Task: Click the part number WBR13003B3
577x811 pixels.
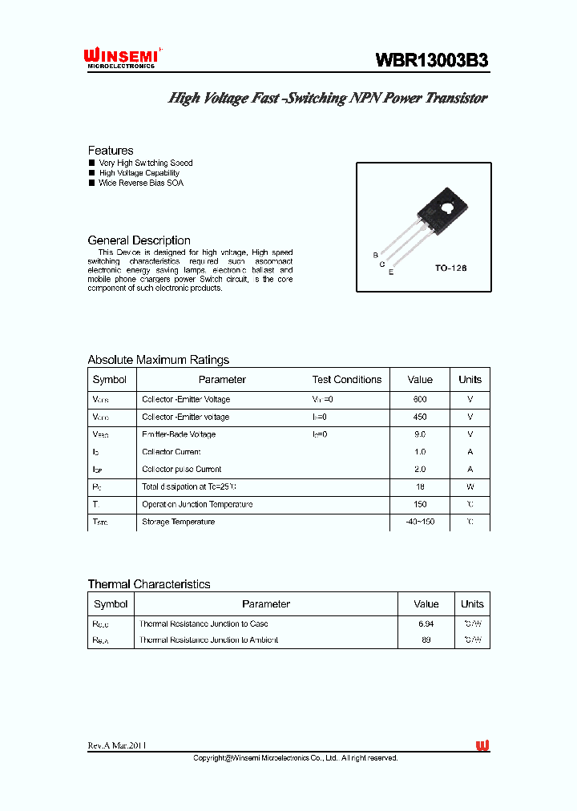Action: click(x=432, y=60)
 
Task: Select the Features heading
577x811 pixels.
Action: click(x=111, y=151)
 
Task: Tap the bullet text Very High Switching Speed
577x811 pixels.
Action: click(x=145, y=163)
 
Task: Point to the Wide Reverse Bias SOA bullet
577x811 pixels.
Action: click(x=141, y=183)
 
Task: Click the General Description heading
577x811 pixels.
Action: click(x=139, y=240)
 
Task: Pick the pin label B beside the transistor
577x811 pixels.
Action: click(x=375, y=255)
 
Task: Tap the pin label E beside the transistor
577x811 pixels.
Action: click(x=391, y=272)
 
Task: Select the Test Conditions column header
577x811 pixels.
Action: click(x=346, y=380)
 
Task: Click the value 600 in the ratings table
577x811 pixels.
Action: click(x=420, y=399)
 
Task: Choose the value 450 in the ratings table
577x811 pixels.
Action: click(x=420, y=417)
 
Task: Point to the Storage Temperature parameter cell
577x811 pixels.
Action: click(x=178, y=522)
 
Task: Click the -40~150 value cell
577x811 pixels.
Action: click(x=420, y=522)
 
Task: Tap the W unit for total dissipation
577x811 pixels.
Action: click(x=470, y=487)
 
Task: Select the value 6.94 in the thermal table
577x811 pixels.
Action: click(x=426, y=623)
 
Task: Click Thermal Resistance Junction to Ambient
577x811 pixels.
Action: click(x=208, y=640)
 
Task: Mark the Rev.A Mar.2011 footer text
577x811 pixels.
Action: click(x=117, y=745)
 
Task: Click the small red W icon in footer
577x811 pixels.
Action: click(x=482, y=745)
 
